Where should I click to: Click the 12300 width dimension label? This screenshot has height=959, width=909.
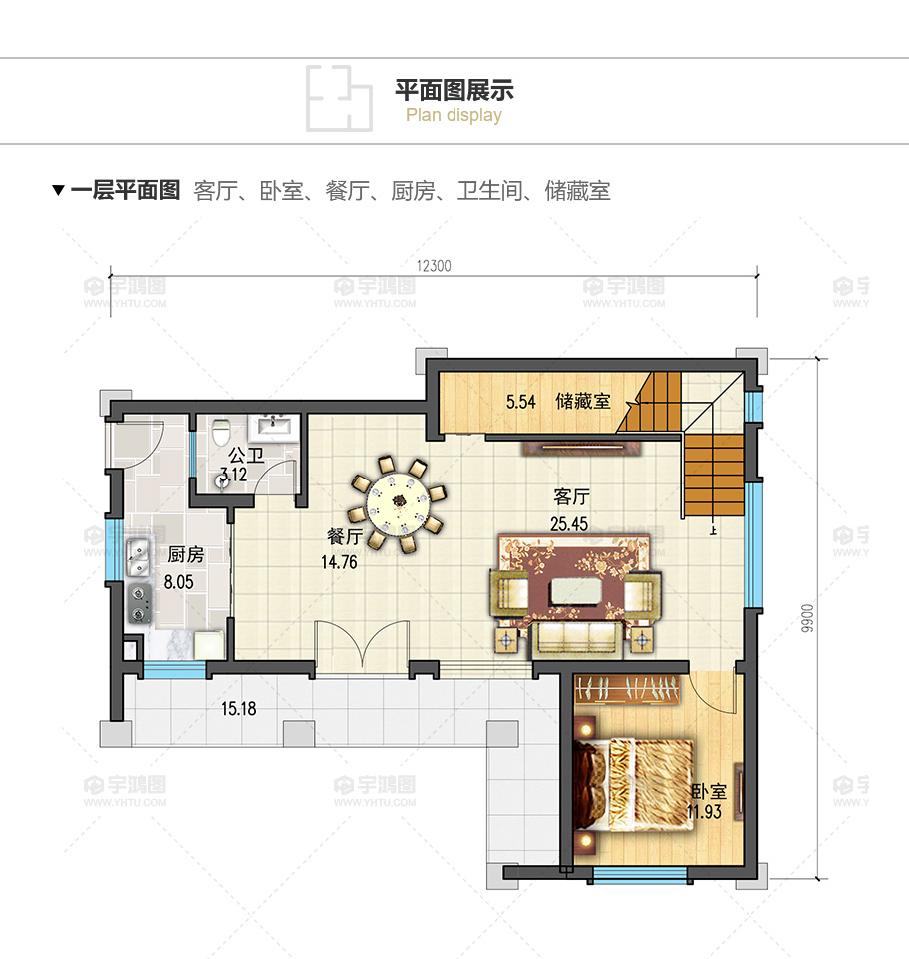(x=434, y=266)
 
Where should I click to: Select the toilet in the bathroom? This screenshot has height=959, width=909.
(x=220, y=432)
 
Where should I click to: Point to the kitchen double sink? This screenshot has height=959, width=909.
(x=138, y=557)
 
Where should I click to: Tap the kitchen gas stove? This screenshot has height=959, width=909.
(x=140, y=603)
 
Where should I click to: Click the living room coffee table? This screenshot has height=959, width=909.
(x=575, y=591)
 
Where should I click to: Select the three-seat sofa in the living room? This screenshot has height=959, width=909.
(x=576, y=639)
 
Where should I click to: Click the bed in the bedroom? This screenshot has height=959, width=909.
(x=633, y=785)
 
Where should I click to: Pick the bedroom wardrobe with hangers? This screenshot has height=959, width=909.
(x=628, y=689)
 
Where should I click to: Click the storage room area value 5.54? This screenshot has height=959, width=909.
(x=520, y=402)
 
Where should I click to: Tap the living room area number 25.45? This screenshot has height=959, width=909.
(x=569, y=524)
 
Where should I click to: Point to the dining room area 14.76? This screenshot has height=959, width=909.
(x=339, y=562)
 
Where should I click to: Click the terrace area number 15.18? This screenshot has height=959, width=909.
(x=239, y=709)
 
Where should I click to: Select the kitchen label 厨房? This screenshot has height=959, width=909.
(x=186, y=554)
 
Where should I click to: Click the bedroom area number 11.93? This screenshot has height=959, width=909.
(x=704, y=811)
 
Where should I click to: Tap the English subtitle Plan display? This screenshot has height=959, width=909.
(x=454, y=115)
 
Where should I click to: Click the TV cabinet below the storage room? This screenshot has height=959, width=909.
(x=581, y=449)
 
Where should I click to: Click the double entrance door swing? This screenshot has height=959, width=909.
(x=362, y=647)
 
